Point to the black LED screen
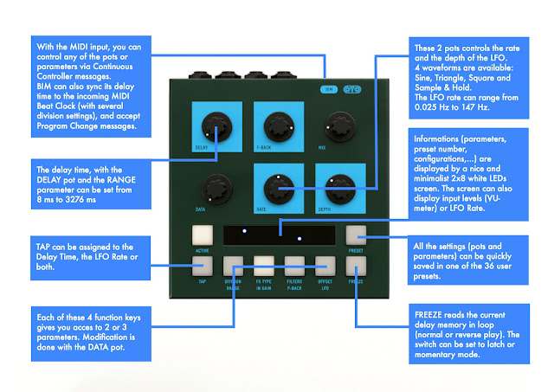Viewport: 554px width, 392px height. (x=279, y=235)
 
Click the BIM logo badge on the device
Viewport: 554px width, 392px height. (x=328, y=88)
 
